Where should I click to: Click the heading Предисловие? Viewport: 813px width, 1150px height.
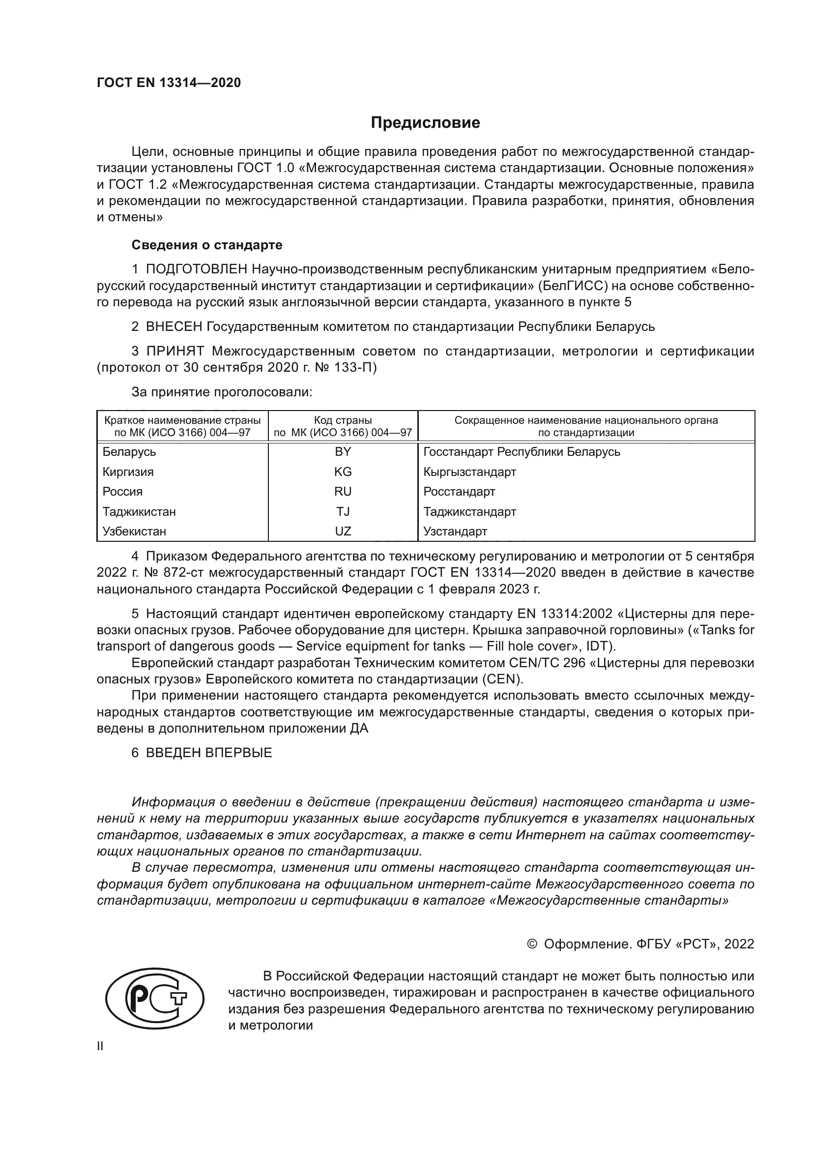425,123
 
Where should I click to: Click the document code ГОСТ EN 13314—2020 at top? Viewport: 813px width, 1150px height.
169,83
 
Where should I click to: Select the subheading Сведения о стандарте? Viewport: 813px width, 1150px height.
207,245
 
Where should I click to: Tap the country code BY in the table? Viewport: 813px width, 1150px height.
343,452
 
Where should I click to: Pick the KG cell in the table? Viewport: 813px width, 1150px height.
343,472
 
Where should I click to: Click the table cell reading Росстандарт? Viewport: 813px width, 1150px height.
459,491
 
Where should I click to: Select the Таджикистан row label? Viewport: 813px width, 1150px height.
139,511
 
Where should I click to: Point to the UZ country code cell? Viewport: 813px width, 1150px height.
343,531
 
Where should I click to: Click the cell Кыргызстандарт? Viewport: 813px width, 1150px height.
469,472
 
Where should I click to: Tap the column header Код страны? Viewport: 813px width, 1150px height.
343,420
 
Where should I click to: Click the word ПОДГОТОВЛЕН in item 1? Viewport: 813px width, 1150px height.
197,269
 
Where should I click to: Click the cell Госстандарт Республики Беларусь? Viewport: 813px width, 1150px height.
522,452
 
